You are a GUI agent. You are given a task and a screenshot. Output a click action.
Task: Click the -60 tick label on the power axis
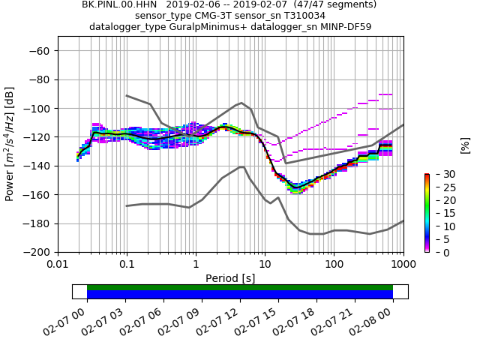click(x=39, y=51)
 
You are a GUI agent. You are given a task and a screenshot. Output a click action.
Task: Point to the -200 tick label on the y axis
click(x=37, y=253)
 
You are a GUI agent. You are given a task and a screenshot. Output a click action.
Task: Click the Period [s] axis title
click(x=230, y=278)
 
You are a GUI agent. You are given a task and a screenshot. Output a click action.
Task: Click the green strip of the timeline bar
click(x=240, y=287)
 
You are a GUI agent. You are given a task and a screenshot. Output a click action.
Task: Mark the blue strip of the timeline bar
click(x=240, y=294)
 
